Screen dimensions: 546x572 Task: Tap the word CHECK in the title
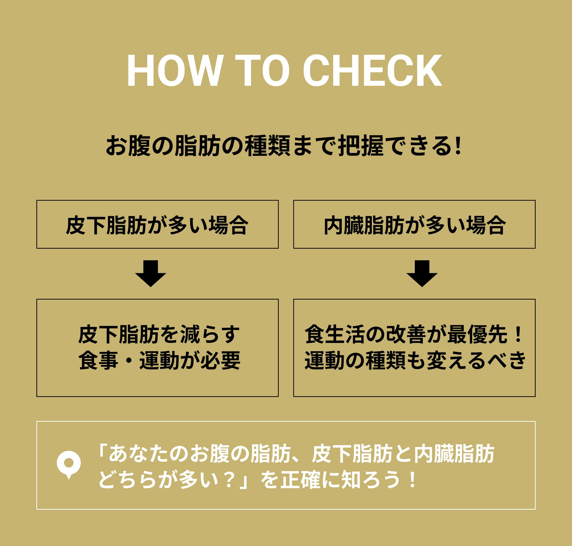click(372, 71)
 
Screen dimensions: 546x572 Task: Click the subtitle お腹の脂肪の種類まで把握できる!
click(283, 145)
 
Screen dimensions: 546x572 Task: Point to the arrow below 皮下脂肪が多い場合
click(150, 273)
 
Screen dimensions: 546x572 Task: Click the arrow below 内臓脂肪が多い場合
click(422, 273)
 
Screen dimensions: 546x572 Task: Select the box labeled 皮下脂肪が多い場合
click(157, 224)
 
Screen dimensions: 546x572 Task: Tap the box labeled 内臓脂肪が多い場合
click(414, 224)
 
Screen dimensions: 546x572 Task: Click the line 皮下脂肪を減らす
click(159, 334)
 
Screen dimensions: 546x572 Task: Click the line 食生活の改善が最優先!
click(414, 334)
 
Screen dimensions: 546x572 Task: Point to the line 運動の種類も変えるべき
click(415, 360)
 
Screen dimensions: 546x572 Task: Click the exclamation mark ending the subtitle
click(459, 145)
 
